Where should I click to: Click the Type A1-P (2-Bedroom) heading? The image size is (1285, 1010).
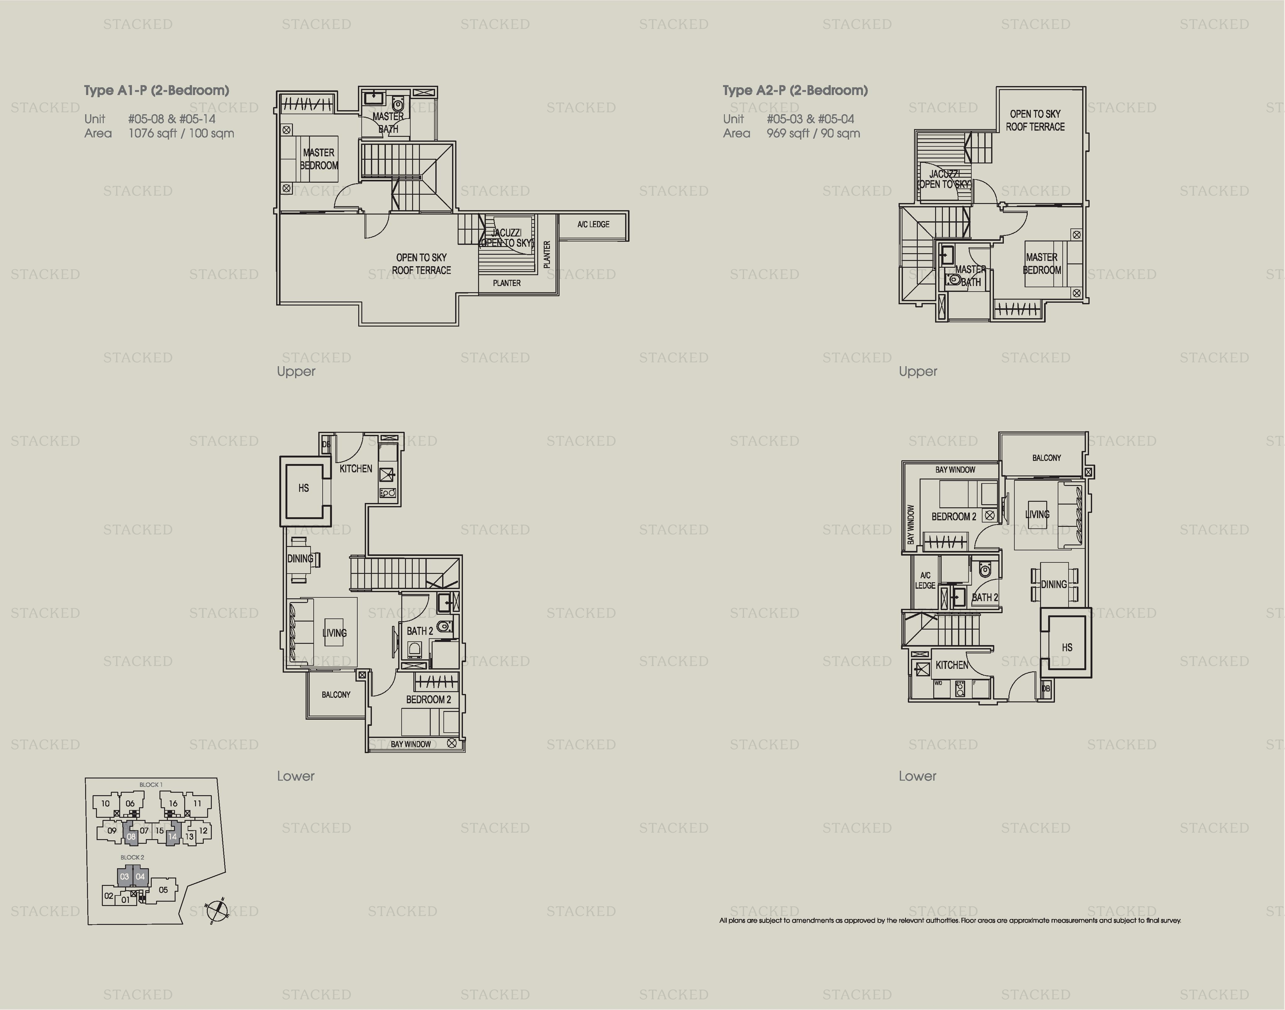click(156, 90)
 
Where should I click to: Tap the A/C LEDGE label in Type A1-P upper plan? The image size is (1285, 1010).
click(593, 224)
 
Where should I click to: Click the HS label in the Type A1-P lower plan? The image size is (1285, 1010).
click(303, 488)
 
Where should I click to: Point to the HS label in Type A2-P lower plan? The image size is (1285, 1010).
click(1067, 648)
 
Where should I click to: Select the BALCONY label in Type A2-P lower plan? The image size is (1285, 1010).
click(1046, 458)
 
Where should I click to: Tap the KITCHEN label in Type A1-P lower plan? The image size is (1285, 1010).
click(355, 468)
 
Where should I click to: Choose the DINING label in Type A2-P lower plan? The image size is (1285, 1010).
click(1054, 584)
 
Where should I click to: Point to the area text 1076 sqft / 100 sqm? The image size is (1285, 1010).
click(181, 134)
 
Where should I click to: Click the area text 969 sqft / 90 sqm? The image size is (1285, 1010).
click(813, 134)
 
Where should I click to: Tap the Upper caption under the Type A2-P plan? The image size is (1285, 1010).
click(917, 371)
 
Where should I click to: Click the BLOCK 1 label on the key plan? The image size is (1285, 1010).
click(151, 785)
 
